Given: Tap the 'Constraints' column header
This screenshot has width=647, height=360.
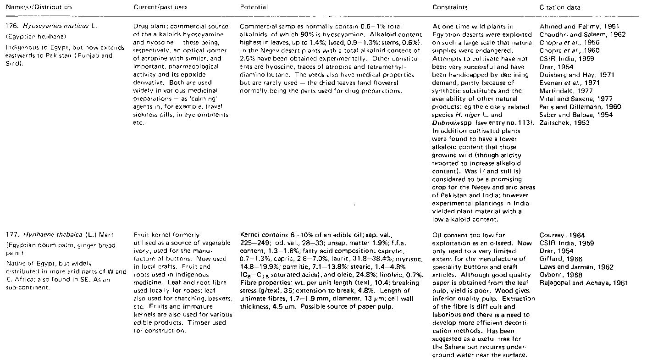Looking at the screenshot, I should tap(450, 8).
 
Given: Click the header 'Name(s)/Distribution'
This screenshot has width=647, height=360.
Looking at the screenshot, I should tap(36, 8).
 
